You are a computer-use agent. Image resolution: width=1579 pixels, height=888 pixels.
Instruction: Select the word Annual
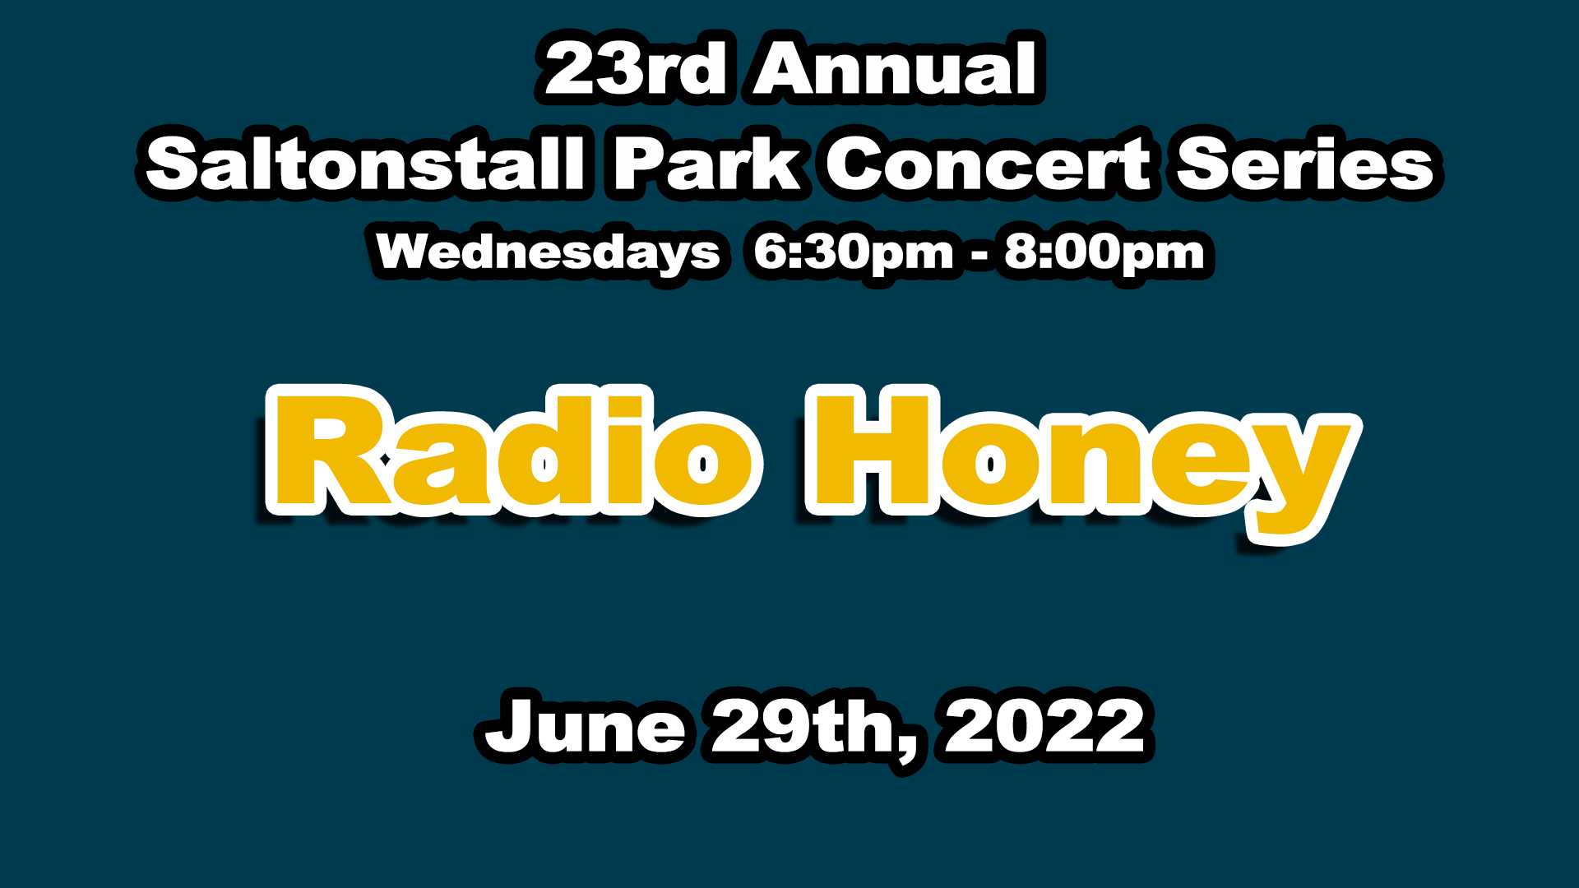pos(896,68)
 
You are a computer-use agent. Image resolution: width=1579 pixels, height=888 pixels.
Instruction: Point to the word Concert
pos(988,163)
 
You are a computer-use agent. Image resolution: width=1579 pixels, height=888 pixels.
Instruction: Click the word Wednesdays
pos(549,252)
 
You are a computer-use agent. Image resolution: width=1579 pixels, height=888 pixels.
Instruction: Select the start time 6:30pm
pos(853,252)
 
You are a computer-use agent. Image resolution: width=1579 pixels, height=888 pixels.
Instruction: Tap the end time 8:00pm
pos(1104,252)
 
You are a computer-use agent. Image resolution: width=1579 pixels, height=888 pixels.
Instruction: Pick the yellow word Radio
pos(512,450)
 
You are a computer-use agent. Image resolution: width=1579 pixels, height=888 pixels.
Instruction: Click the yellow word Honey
pos(1082,460)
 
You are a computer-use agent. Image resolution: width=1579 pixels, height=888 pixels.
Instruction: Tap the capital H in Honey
pos(877,450)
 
